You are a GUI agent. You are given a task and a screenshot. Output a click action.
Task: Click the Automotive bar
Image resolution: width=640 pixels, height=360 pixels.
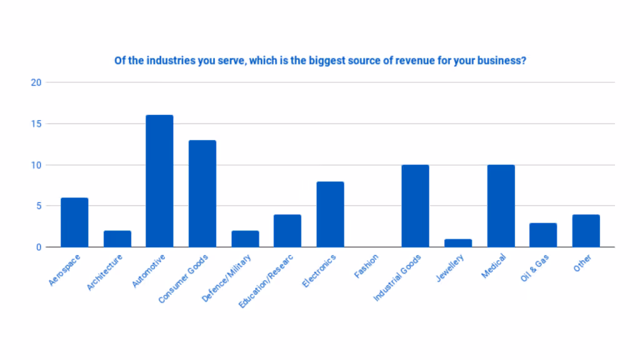pyautogui.click(x=159, y=181)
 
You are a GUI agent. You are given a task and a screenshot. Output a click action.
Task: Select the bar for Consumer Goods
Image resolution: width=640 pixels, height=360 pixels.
pyautogui.click(x=202, y=194)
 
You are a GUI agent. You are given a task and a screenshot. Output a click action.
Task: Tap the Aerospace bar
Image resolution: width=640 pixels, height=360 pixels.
pyautogui.click(x=74, y=222)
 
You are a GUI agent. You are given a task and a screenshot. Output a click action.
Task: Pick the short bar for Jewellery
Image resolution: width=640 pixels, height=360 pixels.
pyautogui.click(x=458, y=243)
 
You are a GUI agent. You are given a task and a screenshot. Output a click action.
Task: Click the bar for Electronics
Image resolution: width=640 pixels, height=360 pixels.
pyautogui.click(x=330, y=214)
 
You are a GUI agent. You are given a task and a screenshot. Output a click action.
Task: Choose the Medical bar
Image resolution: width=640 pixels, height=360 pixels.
pyautogui.click(x=501, y=206)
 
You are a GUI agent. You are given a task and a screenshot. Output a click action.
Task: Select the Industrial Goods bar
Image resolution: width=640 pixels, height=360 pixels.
pyautogui.click(x=416, y=206)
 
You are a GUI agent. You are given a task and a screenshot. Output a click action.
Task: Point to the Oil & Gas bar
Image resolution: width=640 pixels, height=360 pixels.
pyautogui.click(x=543, y=235)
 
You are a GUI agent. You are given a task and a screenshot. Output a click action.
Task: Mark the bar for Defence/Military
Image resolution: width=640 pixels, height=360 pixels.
pyautogui.click(x=245, y=239)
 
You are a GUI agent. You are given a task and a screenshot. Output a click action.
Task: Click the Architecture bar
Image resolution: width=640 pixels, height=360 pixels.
pyautogui.click(x=117, y=239)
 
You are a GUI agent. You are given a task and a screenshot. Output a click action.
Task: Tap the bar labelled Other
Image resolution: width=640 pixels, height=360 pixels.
pyautogui.click(x=586, y=231)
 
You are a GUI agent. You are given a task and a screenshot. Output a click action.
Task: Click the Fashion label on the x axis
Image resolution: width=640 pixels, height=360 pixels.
pyautogui.click(x=366, y=266)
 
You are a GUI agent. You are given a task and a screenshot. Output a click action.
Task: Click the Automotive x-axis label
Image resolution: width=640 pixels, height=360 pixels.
pyautogui.click(x=150, y=270)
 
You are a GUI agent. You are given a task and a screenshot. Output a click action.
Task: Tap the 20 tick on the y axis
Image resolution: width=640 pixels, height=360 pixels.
pyautogui.click(x=36, y=82)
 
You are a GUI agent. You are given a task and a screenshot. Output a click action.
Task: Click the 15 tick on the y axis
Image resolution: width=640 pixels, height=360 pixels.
pyautogui.click(x=36, y=124)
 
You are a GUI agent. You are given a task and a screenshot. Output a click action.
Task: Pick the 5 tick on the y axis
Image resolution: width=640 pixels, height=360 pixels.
pyautogui.click(x=37, y=206)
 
